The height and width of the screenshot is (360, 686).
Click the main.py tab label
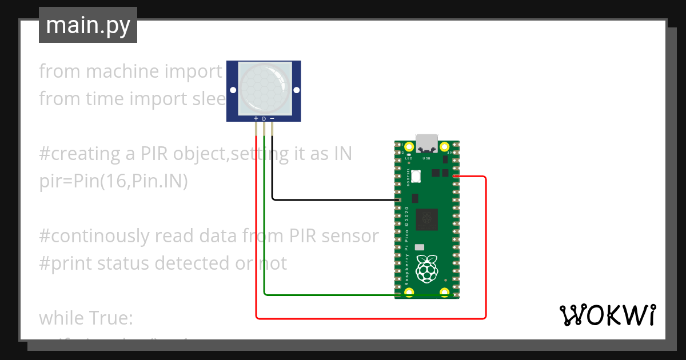[x=87, y=26]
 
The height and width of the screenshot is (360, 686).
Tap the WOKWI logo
[x=607, y=315]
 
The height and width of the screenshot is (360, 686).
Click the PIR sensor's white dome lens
[x=264, y=89]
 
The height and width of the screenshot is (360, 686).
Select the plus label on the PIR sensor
[x=256, y=119]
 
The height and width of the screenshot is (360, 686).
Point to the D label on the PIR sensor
[x=264, y=119]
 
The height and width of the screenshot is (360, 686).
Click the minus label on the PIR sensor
[x=272, y=119]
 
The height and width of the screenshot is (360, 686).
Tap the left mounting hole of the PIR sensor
[x=233, y=90]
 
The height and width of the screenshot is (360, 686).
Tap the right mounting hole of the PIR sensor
[x=296, y=90]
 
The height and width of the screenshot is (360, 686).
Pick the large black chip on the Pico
[x=426, y=218]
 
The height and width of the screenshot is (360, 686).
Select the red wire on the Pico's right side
[x=485, y=246]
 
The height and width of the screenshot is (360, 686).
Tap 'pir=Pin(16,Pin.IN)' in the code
[x=113, y=181]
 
